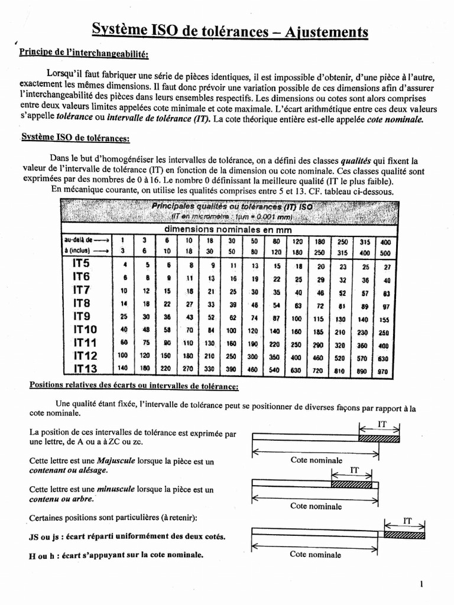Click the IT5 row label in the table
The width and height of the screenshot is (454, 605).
coord(81,264)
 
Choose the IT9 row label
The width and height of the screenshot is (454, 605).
coord(81,315)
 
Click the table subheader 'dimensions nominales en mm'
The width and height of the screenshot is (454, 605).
coord(228,229)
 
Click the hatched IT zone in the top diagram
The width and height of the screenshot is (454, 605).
coord(379,438)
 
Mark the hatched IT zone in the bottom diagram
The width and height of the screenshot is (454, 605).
coord(404,534)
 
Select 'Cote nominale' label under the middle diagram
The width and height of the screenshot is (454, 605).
coord(316,506)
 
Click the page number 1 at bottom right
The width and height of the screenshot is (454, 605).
coord(421,584)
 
